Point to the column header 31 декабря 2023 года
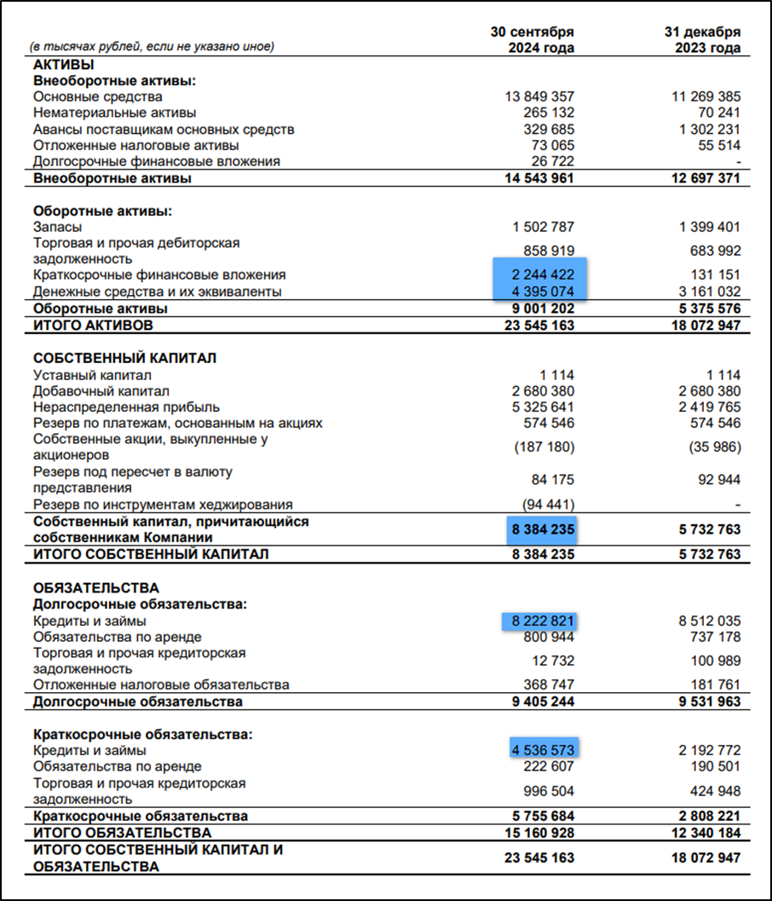click(702, 39)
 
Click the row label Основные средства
click(98, 96)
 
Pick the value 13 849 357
click(540, 96)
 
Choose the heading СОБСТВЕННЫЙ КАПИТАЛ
click(124, 358)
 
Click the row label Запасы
click(58, 227)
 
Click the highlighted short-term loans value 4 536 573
click(544, 750)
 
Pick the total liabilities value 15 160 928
click(540, 832)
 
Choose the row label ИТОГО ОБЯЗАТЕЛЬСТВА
click(122, 832)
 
